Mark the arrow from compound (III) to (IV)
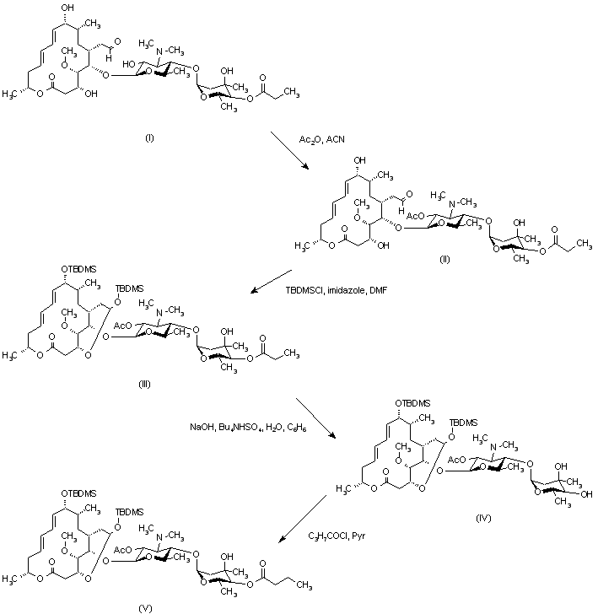[312, 419]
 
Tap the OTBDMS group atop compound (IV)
[418, 403]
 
